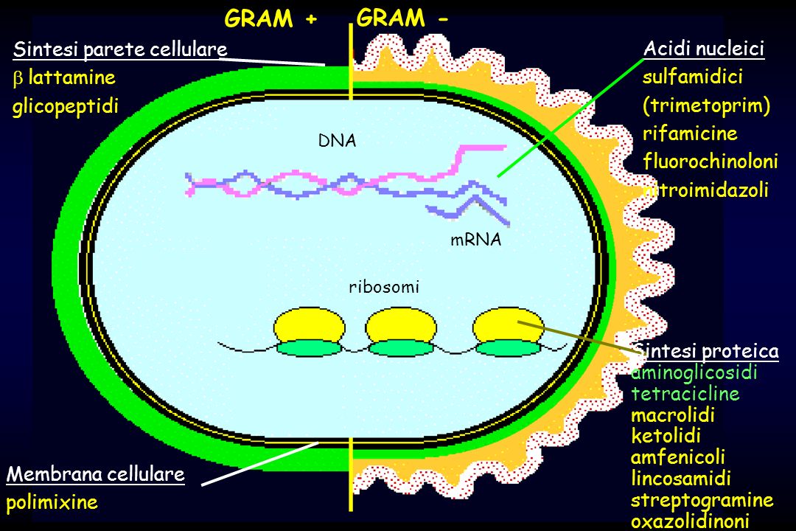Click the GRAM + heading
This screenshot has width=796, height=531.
click(x=270, y=18)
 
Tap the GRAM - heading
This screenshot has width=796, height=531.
click(x=402, y=18)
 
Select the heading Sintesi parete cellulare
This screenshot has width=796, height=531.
click(x=120, y=49)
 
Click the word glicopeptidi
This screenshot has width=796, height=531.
click(x=66, y=107)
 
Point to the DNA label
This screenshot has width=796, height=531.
click(x=337, y=141)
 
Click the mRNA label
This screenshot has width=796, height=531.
click(x=475, y=240)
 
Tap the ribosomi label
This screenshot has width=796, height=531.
click(x=384, y=287)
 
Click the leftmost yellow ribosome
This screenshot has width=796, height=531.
click(x=309, y=324)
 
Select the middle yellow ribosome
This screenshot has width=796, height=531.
click(x=401, y=324)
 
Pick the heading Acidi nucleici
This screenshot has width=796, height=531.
click(x=704, y=49)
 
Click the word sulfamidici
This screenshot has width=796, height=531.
click(x=692, y=77)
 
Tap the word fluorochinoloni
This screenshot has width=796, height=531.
click(x=711, y=161)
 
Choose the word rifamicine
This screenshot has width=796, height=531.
click(x=690, y=133)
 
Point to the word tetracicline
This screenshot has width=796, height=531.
click(x=685, y=394)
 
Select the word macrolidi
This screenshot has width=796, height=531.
click(x=673, y=415)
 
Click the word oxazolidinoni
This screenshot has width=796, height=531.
click(x=690, y=521)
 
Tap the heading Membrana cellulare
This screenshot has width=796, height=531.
click(x=95, y=474)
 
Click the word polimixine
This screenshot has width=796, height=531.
click(x=52, y=502)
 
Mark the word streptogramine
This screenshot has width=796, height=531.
click(x=702, y=501)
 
